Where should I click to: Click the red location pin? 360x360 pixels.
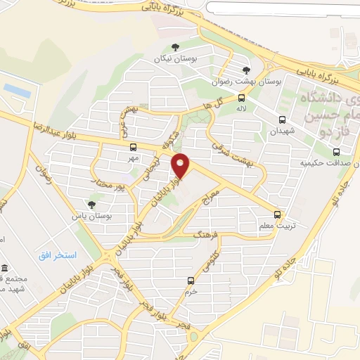[x=181, y=166]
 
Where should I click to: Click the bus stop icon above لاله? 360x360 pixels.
[x=241, y=98]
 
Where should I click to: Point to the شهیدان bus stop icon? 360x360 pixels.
[x=282, y=120]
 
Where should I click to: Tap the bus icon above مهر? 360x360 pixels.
[x=134, y=147]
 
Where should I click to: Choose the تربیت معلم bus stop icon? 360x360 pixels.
[x=277, y=214]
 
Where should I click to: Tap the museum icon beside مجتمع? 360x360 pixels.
[x=6, y=269]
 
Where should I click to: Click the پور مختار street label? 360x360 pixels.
[x=108, y=184]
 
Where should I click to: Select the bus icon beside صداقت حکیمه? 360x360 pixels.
[x=336, y=152]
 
